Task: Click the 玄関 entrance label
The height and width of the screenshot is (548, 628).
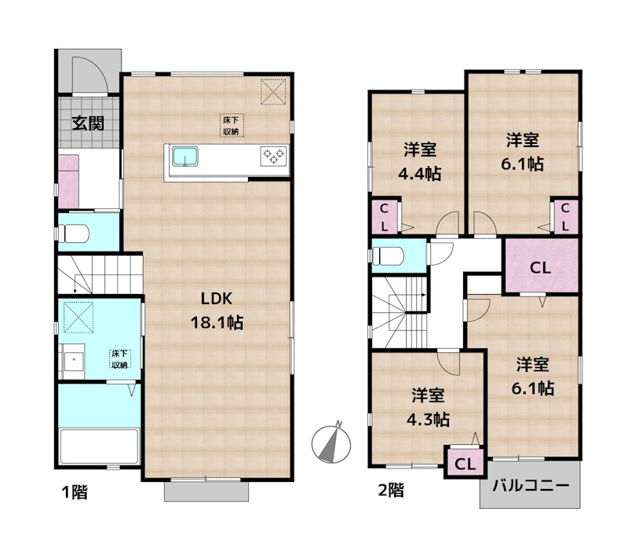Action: [89, 123]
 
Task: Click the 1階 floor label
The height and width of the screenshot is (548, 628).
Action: [75, 493]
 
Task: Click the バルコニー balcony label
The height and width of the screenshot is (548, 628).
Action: [530, 485]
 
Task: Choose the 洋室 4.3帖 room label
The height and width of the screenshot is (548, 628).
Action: [427, 407]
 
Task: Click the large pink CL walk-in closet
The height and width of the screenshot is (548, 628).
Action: [540, 267]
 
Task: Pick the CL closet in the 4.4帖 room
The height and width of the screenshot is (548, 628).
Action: [384, 216]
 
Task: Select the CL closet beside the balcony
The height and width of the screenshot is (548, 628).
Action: [463, 462]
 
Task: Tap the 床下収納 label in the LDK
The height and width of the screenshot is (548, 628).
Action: [231, 125]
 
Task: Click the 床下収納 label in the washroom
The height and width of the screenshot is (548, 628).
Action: [119, 359]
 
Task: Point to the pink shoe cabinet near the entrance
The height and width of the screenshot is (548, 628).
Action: [68, 180]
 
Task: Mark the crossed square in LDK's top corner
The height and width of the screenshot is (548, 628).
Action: [274, 91]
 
